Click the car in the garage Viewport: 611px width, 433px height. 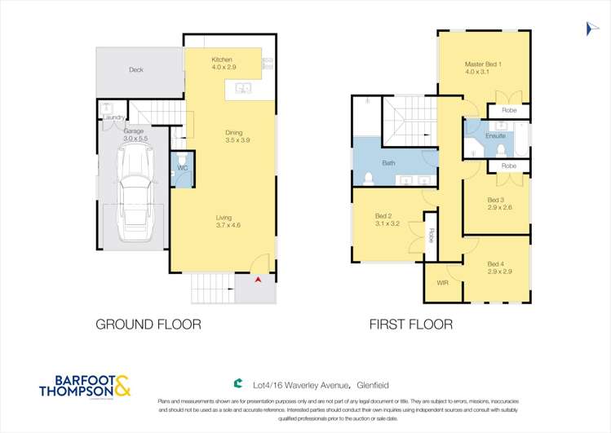coord(134,198)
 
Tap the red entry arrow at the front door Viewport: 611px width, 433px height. coord(259,280)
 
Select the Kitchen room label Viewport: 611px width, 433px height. coord(222,60)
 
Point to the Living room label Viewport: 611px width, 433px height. coord(224,218)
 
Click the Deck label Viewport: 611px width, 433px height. coord(136,70)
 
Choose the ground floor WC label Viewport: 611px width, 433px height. coord(183,169)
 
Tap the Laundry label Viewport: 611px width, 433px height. coord(113,117)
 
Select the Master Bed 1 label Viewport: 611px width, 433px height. coord(483,64)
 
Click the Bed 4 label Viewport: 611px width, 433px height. coord(496,263)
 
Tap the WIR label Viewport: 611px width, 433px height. coord(443,283)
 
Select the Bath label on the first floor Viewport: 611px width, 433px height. coord(389,163)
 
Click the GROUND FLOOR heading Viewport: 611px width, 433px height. coord(148,325)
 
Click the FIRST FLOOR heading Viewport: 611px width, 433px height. coord(410,325)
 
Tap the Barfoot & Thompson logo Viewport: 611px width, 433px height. coord(84,387)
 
